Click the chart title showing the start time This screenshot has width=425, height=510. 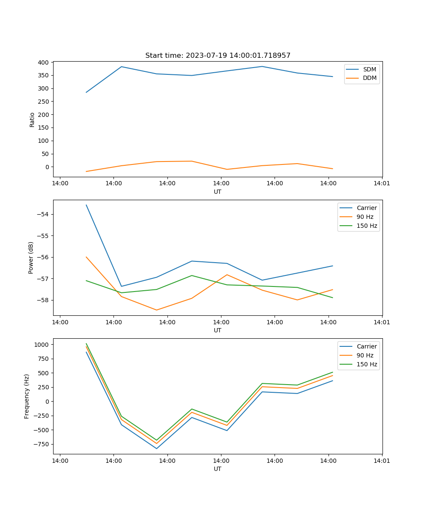click(218, 56)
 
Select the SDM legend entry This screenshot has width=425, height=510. click(369, 69)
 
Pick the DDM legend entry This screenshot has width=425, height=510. click(369, 78)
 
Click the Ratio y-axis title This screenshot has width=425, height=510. click(32, 119)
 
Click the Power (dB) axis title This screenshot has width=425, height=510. click(31, 258)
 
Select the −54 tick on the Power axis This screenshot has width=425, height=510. click(43, 214)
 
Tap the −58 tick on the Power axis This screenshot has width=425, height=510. click(43, 300)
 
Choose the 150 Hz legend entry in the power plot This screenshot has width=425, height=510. click(367, 226)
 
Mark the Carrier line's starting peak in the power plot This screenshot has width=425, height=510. click(86, 205)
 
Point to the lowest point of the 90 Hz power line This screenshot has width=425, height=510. click(156, 310)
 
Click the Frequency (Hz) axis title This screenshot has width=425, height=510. click(27, 396)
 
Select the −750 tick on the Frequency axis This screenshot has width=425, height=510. click(41, 444)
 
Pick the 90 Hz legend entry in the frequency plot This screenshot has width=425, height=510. click(365, 355)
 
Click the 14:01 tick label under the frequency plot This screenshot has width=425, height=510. click(382, 460)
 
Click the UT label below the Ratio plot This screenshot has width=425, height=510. click(218, 192)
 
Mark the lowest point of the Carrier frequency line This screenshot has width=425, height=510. click(156, 448)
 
